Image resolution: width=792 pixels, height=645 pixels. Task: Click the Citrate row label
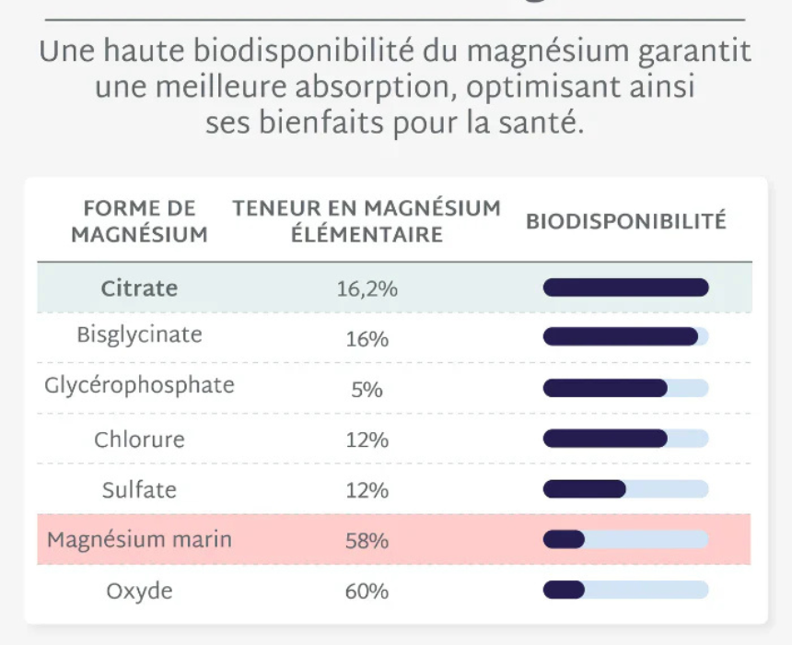[x=139, y=288]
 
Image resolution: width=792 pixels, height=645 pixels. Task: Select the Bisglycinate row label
[x=139, y=335]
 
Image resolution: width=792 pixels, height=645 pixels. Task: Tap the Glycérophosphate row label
[x=139, y=385]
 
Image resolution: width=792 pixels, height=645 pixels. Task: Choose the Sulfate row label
[x=139, y=490]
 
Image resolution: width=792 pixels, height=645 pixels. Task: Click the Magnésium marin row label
[x=139, y=540]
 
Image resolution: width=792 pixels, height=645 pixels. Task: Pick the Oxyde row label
[x=139, y=591]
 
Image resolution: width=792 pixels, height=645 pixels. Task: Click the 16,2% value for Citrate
[x=367, y=289]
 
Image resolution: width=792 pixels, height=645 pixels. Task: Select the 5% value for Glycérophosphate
[x=367, y=390]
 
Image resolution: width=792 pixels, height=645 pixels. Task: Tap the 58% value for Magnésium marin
[x=367, y=541]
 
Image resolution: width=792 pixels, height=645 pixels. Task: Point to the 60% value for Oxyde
[x=367, y=592]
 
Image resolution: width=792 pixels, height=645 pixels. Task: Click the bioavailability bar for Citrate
[x=625, y=288]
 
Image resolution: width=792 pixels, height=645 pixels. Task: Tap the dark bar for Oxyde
[x=564, y=590]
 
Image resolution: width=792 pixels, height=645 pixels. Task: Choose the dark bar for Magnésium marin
[x=564, y=539]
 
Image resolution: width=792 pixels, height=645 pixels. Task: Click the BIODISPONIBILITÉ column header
[x=625, y=222]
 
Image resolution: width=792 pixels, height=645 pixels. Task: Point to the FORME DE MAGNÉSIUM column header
[x=139, y=221]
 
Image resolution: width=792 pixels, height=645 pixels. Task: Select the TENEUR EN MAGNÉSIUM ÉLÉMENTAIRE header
[x=367, y=221]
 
